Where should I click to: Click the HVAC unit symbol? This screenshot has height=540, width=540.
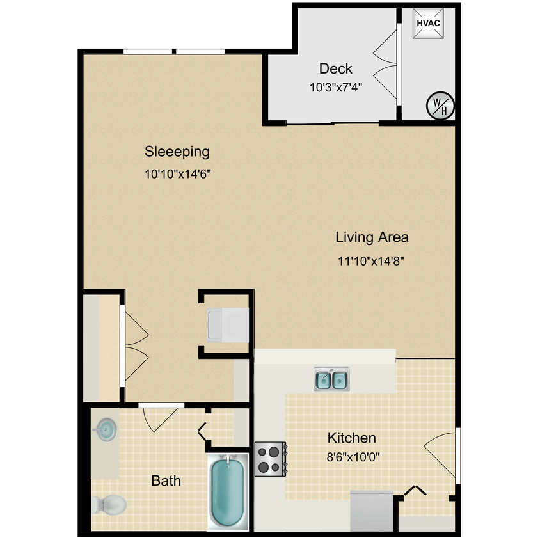(427, 24)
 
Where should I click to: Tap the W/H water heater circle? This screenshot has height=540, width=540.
(440, 105)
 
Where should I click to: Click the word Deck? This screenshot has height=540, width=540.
(336, 68)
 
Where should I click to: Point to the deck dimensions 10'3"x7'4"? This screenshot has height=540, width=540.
(336, 88)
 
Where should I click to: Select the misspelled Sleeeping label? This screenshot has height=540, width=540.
(177, 152)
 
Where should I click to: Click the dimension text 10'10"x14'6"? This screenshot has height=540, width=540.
(178, 173)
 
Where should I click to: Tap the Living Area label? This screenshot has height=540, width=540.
(372, 237)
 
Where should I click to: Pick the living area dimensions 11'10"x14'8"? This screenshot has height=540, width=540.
(372, 260)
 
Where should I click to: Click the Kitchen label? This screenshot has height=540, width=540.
(351, 438)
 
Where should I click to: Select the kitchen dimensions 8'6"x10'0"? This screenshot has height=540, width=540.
(351, 457)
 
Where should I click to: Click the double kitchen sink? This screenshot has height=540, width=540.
(331, 380)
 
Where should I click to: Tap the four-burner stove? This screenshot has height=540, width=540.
(271, 459)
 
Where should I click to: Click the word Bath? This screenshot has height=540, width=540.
(166, 480)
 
